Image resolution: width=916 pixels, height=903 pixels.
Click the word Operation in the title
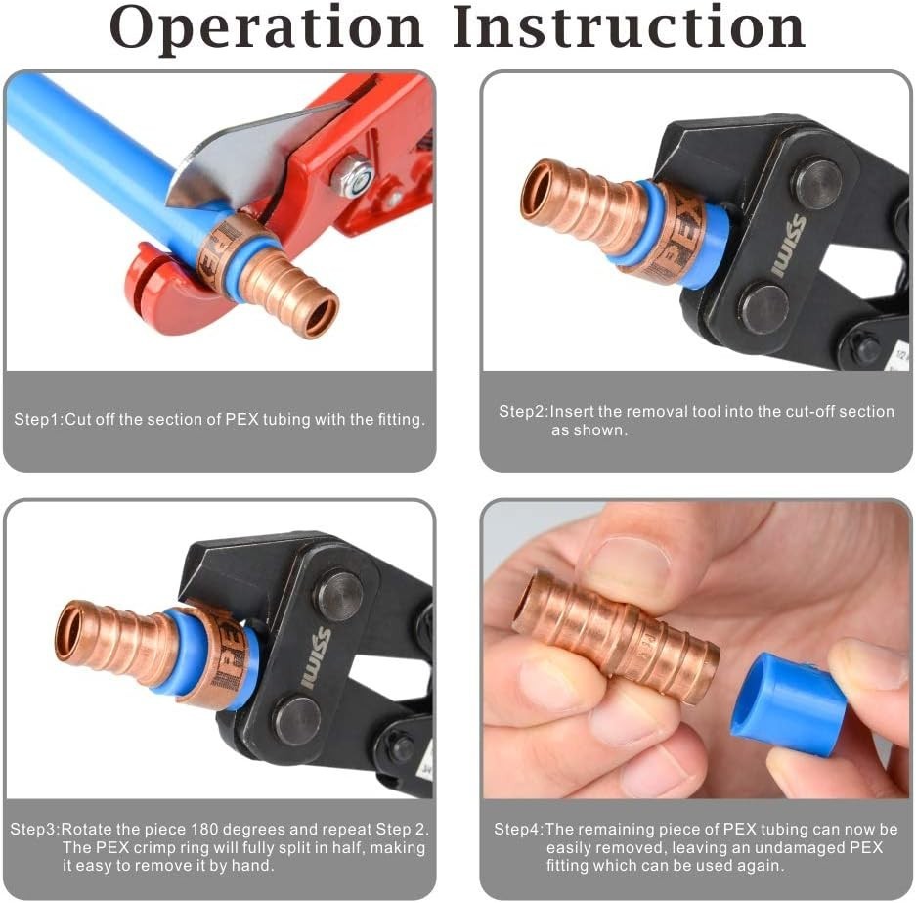pos(266,28)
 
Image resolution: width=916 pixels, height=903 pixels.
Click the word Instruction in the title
pos(630,28)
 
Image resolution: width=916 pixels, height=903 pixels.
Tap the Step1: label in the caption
pos(38,420)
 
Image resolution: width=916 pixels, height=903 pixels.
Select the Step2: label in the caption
pos(523,412)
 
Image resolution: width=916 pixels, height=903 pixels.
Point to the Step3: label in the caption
pos(35,829)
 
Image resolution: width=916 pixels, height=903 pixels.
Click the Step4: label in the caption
pos(518,830)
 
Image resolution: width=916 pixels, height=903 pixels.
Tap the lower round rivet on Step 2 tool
pos(763,309)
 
